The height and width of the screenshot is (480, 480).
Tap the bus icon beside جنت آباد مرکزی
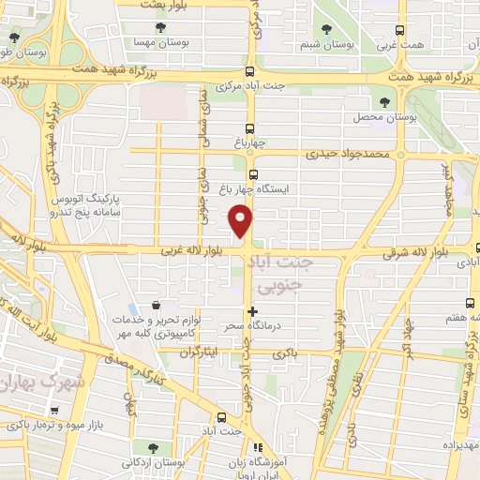pos(249,71)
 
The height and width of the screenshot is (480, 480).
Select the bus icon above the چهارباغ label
pos(249,128)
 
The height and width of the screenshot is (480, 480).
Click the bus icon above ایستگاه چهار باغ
pos(253,174)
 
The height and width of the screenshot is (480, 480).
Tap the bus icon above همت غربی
pos(401,30)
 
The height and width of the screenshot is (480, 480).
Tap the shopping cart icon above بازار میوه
pos(55,410)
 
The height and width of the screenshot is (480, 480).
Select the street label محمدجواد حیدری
pos(346,153)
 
